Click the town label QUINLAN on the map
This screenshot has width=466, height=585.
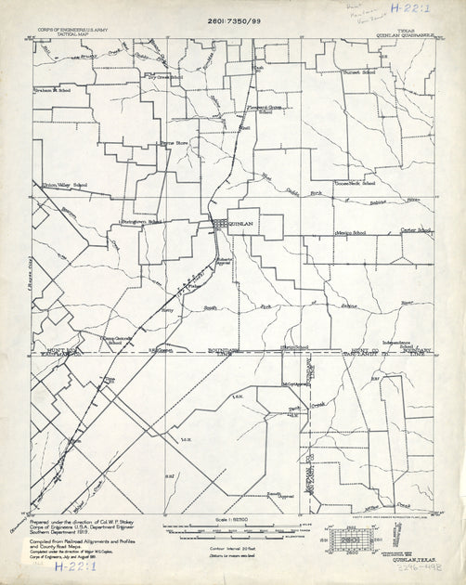(241, 223)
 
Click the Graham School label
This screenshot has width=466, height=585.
(53, 91)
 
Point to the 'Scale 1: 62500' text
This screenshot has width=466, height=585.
(232, 518)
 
